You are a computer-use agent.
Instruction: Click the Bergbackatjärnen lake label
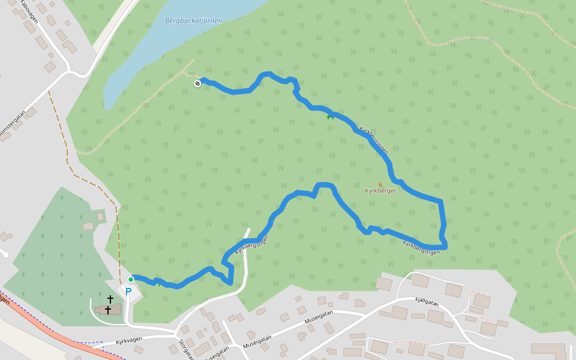click(193, 21)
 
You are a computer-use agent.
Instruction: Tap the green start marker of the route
click(131, 279)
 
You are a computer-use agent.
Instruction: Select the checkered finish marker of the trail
click(197, 83)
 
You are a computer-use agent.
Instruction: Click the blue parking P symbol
click(128, 292)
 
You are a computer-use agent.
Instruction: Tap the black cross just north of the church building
click(110, 299)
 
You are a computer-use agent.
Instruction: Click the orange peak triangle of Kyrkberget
click(380, 184)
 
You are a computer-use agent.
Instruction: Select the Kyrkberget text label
click(380, 191)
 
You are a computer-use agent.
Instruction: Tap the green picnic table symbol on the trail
click(330, 115)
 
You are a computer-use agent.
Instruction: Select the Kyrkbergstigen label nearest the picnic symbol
click(374, 140)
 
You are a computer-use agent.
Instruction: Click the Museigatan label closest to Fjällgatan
click(319, 317)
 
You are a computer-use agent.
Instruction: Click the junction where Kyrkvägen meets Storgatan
click(175, 334)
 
